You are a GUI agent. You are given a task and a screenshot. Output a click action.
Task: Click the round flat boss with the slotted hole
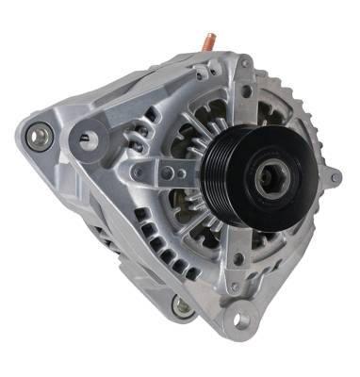87,139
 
